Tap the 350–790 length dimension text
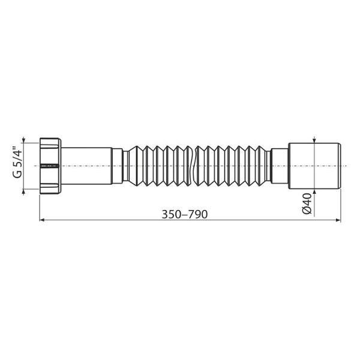185,214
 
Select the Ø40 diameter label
307,203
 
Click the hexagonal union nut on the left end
50,166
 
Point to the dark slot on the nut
50,166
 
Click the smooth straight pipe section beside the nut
86,166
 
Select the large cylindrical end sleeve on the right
314,166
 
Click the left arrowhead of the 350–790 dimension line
42,220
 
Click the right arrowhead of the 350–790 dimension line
338,220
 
